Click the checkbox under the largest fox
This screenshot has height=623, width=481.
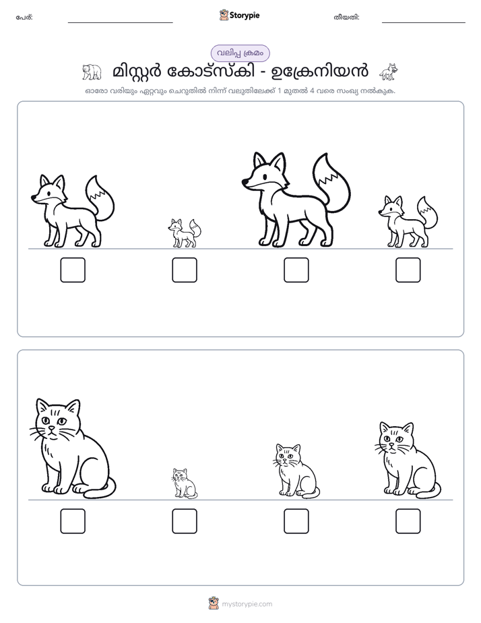[296, 270]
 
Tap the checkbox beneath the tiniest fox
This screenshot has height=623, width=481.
[185, 270]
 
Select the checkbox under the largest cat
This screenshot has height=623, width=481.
[73, 521]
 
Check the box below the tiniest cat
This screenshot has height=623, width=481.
[185, 521]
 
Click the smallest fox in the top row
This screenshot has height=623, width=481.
[184, 233]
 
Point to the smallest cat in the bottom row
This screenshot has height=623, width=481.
[185, 483]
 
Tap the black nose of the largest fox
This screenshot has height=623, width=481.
[245, 182]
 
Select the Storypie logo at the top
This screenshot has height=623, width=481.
[240, 15]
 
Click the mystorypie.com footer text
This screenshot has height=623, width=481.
[247, 604]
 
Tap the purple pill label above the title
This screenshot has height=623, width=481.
[241, 53]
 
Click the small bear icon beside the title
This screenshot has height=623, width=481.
[92, 72]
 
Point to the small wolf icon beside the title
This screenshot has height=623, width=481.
[389, 71]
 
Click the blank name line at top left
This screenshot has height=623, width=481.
[120, 23]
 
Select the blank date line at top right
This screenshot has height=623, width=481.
[424, 23]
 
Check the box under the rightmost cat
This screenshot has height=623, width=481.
[408, 521]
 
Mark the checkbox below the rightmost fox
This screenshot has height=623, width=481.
[408, 270]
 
